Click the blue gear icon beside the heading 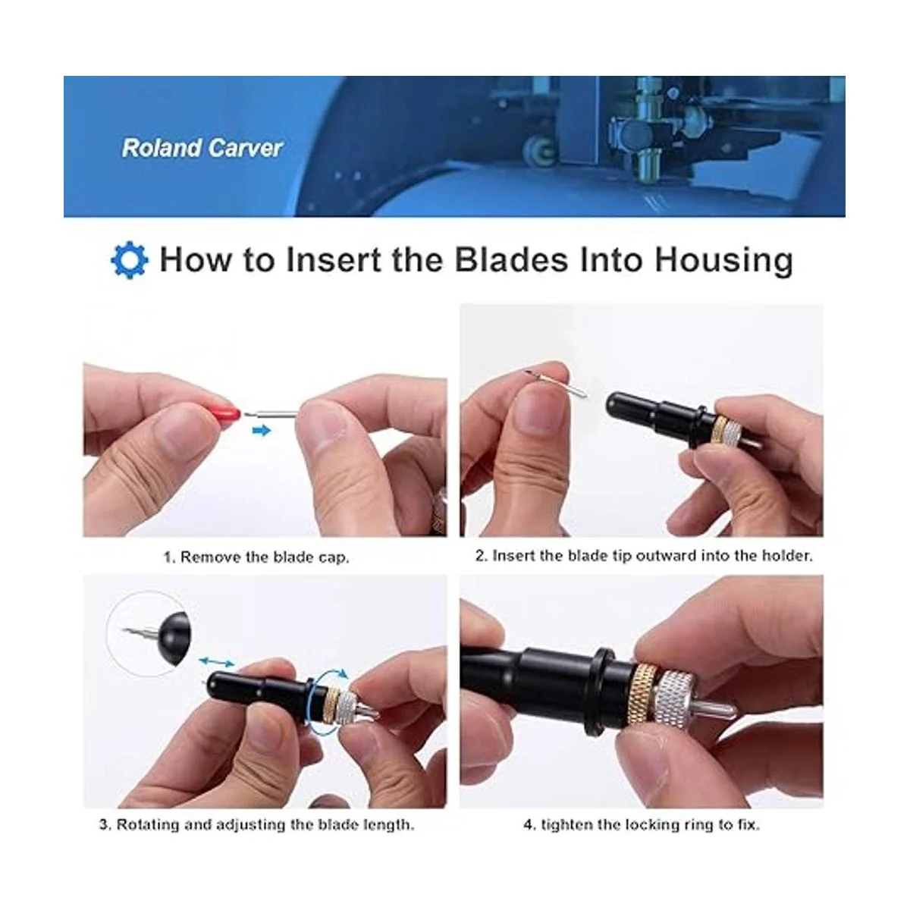[x=130, y=260]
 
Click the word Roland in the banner [x=162, y=149]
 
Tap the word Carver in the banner [x=245, y=149]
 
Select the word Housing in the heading [x=723, y=261]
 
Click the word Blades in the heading [x=511, y=260]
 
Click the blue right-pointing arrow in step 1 [x=262, y=430]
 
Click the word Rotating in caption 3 [x=148, y=824]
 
